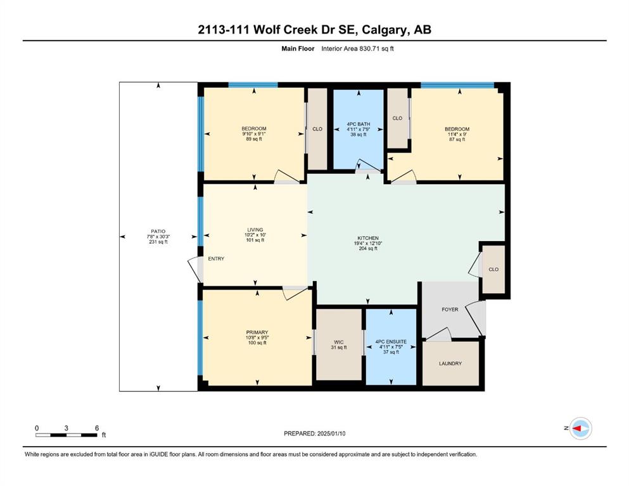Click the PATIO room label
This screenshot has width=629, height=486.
[158, 232]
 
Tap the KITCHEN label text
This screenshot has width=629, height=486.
[368, 238]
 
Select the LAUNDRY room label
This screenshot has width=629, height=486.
[450, 363]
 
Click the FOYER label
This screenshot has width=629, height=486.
[450, 309]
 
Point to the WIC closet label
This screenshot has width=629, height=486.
[338, 342]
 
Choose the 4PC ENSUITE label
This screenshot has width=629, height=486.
[391, 342]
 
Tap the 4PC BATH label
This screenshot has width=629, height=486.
[359, 124]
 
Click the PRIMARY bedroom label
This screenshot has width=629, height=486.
[257, 332]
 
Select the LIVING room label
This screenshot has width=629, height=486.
[255, 230]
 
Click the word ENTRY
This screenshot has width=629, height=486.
[216, 259]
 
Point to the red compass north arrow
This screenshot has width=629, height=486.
[576, 428]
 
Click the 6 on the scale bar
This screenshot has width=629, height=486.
[97, 428]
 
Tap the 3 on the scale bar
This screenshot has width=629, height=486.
[66, 428]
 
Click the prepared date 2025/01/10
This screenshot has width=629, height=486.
[331, 433]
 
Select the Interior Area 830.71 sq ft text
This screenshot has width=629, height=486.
[357, 49]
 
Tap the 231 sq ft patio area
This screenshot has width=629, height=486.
[158, 242]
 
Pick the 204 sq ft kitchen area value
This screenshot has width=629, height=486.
[368, 249]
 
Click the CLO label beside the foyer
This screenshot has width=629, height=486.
[493, 269]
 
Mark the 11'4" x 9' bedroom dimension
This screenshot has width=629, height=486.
[457, 134]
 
